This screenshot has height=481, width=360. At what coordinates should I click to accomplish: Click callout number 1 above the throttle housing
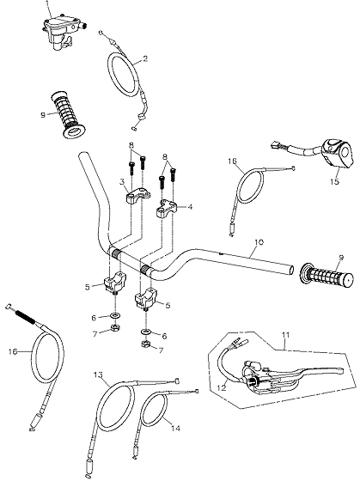coord(47,3)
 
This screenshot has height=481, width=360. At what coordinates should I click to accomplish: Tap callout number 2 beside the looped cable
coord(145,58)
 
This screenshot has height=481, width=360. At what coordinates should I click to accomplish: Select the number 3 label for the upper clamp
coord(123,182)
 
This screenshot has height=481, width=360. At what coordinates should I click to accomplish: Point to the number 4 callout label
coord(190,207)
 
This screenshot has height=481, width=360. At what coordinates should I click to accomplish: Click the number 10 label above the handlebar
coord(259,242)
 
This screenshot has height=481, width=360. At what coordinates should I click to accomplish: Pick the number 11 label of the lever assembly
coord(286,335)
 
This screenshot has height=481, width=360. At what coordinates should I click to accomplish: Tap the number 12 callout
coord(222,387)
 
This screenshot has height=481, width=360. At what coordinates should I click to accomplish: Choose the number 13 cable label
coord(98,374)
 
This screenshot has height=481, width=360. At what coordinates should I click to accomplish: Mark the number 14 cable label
coord(175,429)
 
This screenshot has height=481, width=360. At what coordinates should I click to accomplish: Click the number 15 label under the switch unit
coord(335,181)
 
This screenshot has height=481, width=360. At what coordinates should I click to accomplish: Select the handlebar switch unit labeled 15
coord(337,154)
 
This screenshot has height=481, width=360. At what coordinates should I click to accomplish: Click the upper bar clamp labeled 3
coord(138,196)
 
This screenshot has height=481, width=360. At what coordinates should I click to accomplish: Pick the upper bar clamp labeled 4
coord(168,208)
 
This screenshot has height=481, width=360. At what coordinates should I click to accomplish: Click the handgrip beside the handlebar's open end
coord(326,275)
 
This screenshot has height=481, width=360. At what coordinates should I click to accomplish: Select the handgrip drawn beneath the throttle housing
coord(67,114)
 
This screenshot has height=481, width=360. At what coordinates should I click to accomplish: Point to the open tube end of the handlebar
coord(291,270)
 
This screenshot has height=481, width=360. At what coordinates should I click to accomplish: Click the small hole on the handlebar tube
coord(221,253)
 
